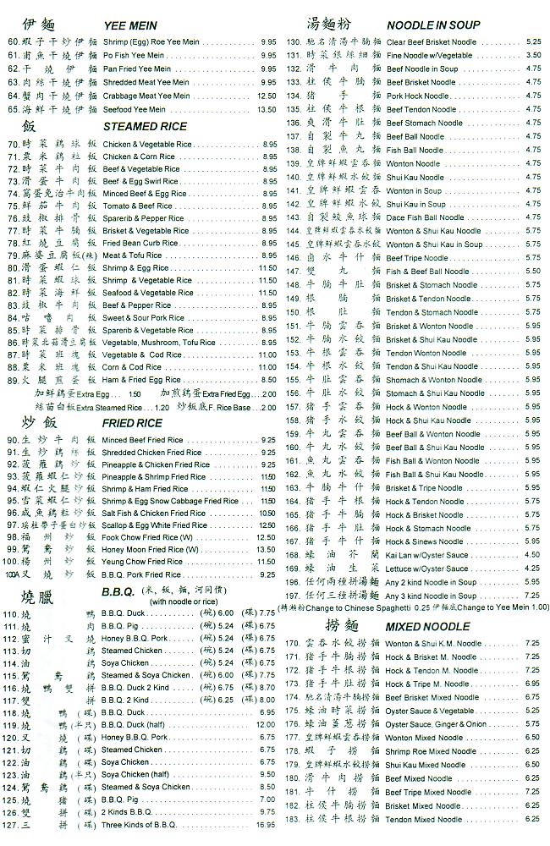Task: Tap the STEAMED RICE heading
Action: [145, 127]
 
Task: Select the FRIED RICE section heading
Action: [132, 423]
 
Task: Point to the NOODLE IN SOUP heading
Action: [433, 25]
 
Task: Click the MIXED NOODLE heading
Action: [427, 627]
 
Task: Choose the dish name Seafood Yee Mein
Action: [140, 109]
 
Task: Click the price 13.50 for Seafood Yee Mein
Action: [267, 109]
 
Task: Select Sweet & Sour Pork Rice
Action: [143, 318]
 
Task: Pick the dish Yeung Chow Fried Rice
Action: [142, 562]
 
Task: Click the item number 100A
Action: [11, 574]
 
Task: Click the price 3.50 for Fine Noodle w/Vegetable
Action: [533, 55]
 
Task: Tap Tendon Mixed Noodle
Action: [424, 819]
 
